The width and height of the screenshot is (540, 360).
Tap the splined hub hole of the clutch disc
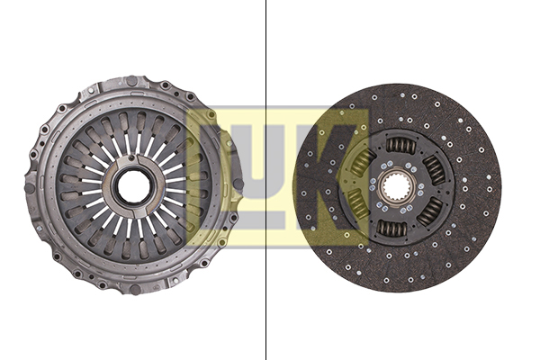(396, 188)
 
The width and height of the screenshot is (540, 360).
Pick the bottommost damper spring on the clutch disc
(392, 229)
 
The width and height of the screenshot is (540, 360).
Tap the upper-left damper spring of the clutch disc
(363, 163)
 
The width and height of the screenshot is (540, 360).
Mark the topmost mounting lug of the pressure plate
(132, 82)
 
